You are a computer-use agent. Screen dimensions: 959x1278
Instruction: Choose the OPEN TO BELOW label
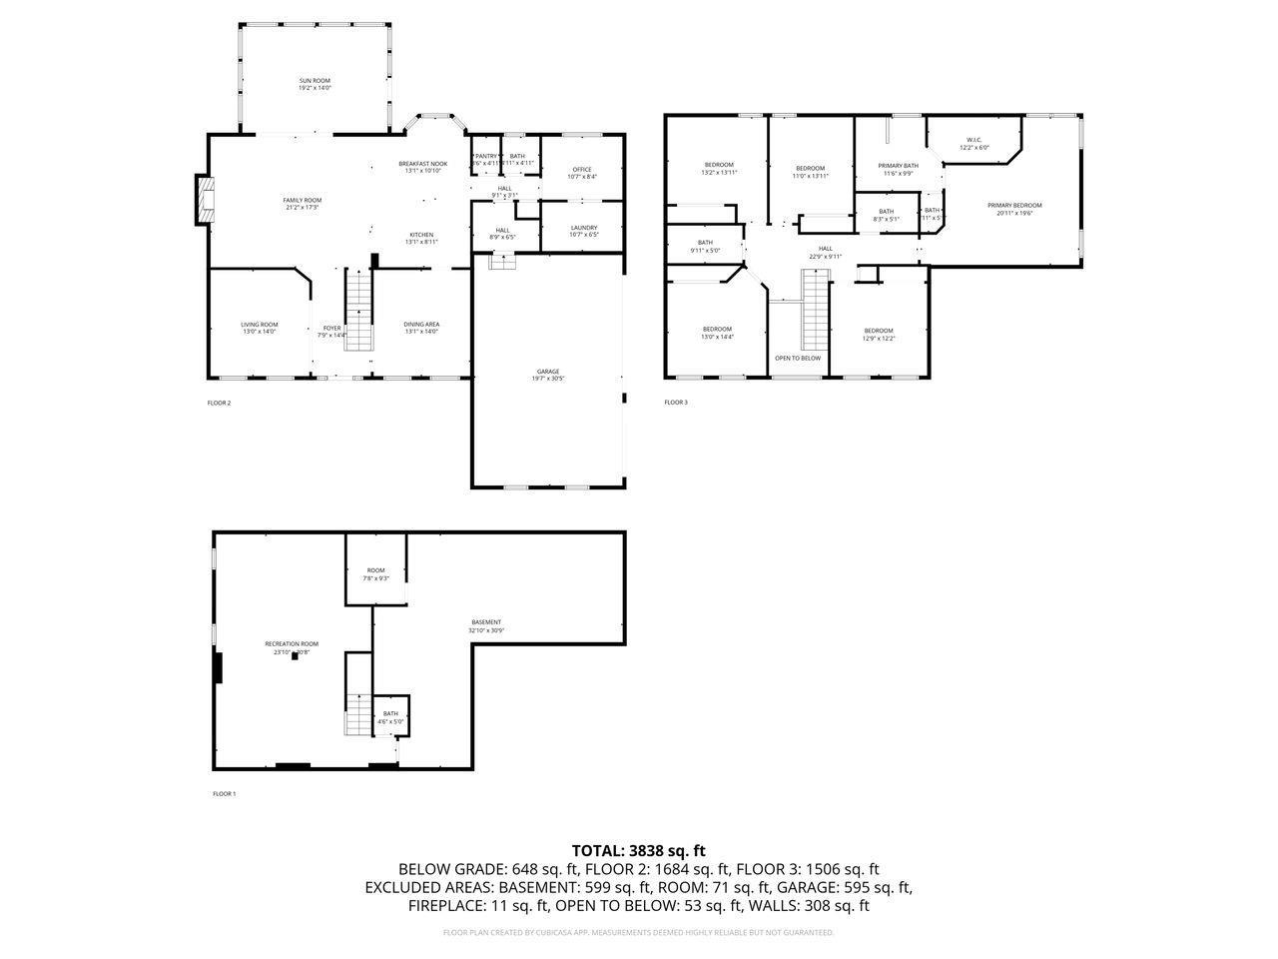(798, 358)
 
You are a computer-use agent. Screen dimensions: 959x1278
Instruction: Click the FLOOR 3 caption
(676, 403)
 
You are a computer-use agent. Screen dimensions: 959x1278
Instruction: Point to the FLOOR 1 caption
(224, 794)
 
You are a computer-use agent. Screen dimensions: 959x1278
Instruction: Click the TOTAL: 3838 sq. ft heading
(638, 851)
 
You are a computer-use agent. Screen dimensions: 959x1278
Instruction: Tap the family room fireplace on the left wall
(205, 200)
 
